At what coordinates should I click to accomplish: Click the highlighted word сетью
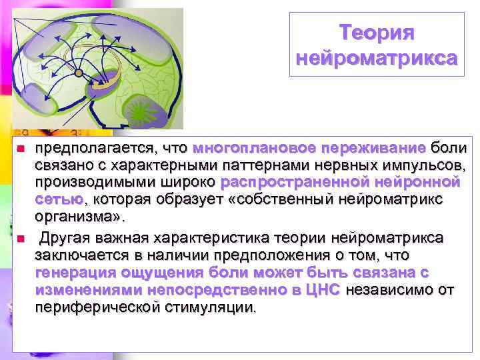[59, 199]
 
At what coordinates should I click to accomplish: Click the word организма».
[79, 217]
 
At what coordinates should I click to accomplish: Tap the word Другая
[65, 238]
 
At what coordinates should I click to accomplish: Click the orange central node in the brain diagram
[79, 72]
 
